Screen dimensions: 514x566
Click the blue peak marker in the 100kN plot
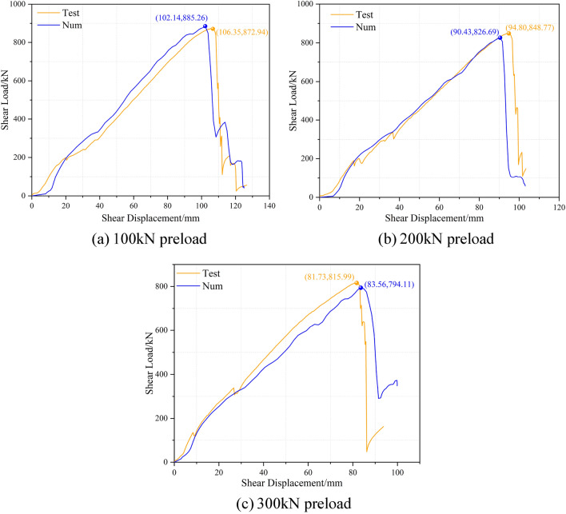pyautogui.click(x=205, y=26)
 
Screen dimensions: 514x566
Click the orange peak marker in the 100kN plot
pyautogui.click(x=213, y=29)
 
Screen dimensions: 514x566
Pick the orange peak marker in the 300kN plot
pyautogui.click(x=357, y=283)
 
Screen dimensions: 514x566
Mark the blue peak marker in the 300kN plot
pyautogui.click(x=361, y=288)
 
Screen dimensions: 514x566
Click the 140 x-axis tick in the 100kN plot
pyautogui.click(x=269, y=205)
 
